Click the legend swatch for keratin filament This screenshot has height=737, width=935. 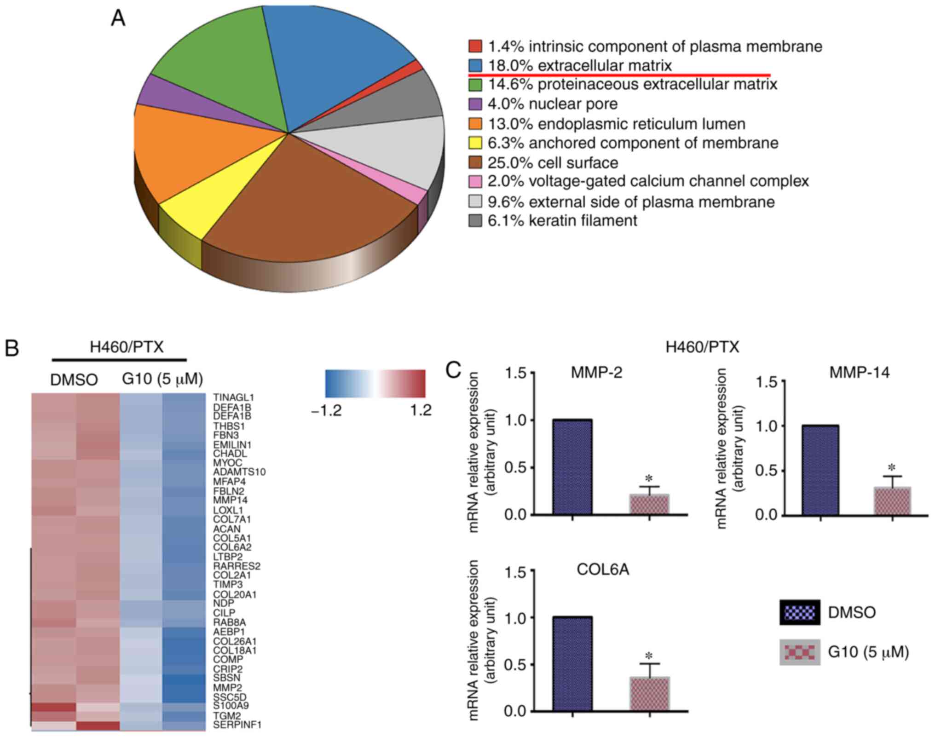475,221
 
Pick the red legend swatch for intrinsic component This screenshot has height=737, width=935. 475,46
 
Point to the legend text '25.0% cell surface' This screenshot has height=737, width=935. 553,163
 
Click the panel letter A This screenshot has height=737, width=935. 118,19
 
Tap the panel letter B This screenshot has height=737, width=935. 12,348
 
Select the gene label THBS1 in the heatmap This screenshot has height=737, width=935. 229,426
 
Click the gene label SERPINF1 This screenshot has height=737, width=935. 237,725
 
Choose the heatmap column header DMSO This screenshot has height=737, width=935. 74,380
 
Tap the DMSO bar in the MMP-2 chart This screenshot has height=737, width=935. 572,467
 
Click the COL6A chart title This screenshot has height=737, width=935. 603,570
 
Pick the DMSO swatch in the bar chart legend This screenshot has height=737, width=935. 800,612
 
